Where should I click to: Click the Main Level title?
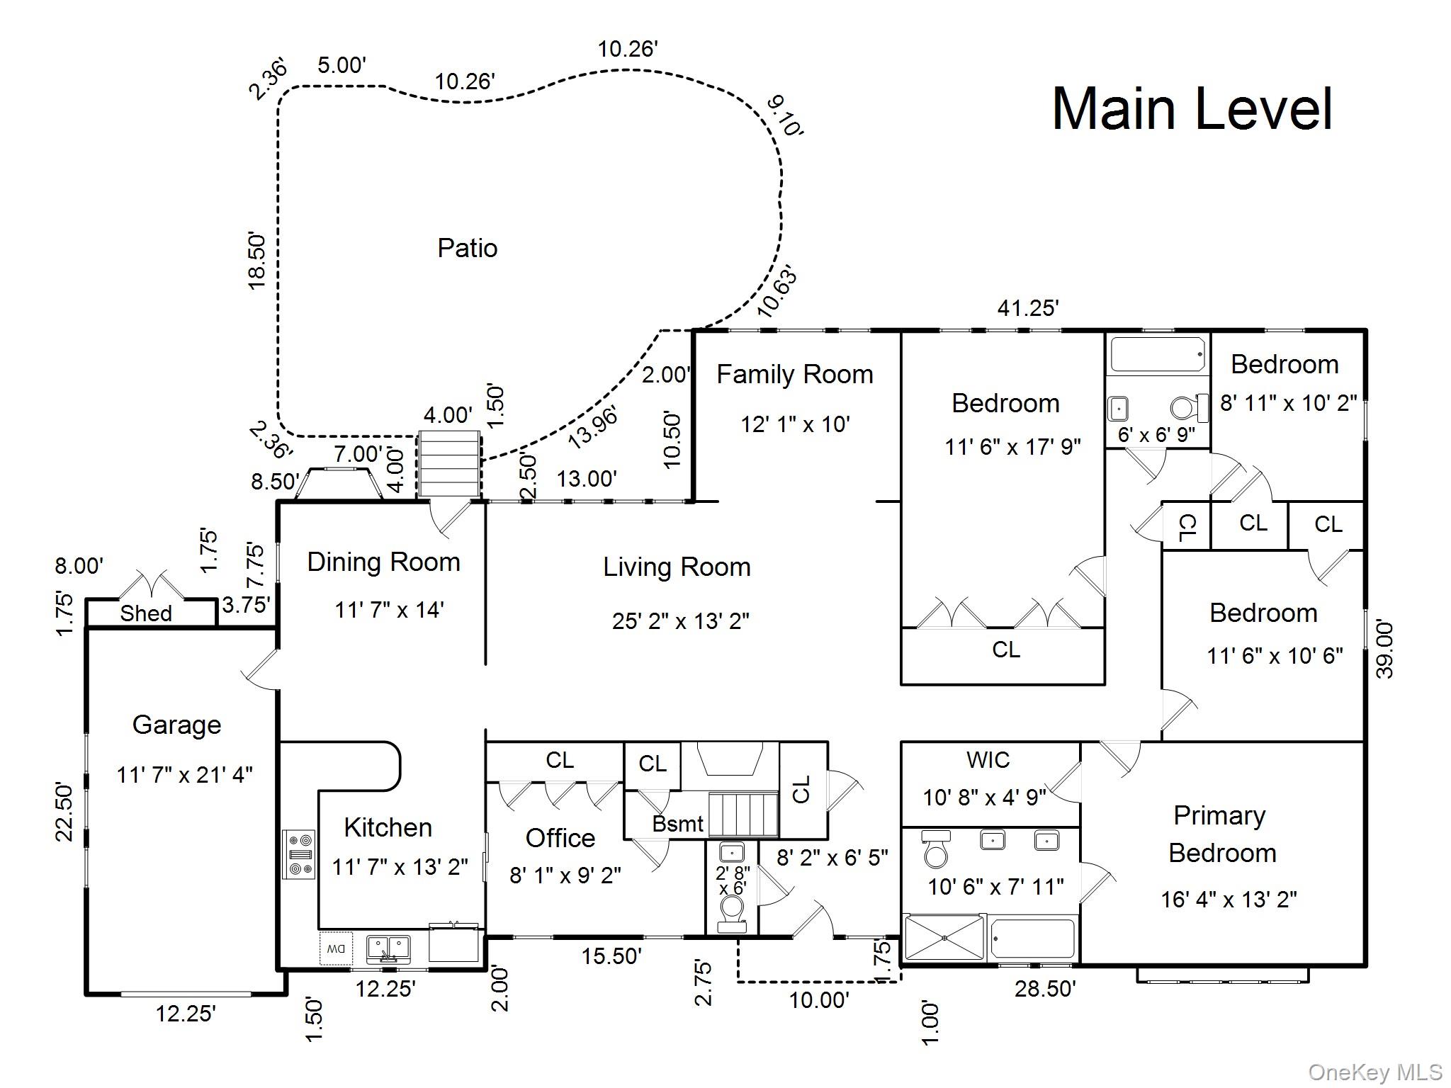click(x=1192, y=110)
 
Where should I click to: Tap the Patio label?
click(x=467, y=248)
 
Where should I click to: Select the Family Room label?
click(x=794, y=375)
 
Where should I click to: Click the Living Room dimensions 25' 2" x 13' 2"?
click(x=680, y=621)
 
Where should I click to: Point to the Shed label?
click(x=146, y=613)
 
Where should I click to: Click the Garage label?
click(x=176, y=725)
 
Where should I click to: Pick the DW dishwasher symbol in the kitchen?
click(x=336, y=948)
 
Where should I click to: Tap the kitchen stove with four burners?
click(x=299, y=854)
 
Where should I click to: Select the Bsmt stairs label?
click(x=678, y=824)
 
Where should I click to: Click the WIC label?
click(x=988, y=760)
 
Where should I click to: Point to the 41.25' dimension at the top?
click(x=1027, y=308)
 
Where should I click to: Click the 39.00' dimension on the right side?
click(x=1384, y=650)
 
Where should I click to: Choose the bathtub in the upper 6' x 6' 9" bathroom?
click(x=1158, y=354)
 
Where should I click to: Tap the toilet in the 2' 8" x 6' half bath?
click(x=732, y=910)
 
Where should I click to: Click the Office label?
click(x=560, y=838)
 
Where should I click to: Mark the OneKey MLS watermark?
click(x=1375, y=1072)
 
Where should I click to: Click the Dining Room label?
click(x=383, y=562)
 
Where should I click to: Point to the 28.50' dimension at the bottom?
click(x=1045, y=989)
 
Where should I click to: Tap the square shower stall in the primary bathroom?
click(x=945, y=938)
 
